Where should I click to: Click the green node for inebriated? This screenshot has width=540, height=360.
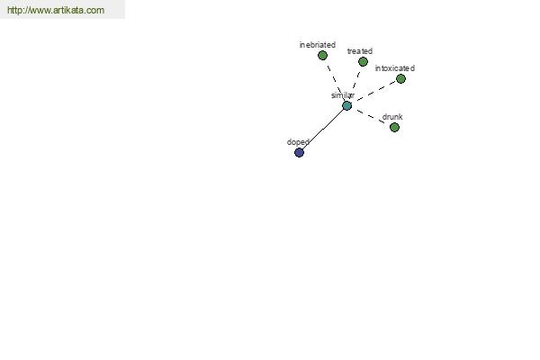(x=322, y=55)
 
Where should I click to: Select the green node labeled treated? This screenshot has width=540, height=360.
(x=363, y=62)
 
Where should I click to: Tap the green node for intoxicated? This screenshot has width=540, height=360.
(x=400, y=79)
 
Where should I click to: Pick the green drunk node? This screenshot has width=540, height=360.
(x=395, y=128)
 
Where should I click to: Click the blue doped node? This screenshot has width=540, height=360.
(x=300, y=152)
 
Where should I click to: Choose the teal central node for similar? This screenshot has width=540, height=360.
(x=347, y=106)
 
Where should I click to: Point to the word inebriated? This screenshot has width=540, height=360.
(x=318, y=45)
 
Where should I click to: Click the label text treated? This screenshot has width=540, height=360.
(x=360, y=51)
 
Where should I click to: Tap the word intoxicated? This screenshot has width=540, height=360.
(x=395, y=68)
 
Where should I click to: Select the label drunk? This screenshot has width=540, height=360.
(x=392, y=117)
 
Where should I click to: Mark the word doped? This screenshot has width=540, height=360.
(x=298, y=142)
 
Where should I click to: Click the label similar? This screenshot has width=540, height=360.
(x=343, y=95)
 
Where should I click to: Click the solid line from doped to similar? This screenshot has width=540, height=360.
(x=323, y=130)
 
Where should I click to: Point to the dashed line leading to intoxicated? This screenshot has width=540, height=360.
(x=377, y=91)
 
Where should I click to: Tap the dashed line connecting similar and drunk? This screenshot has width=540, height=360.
(x=371, y=116)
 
